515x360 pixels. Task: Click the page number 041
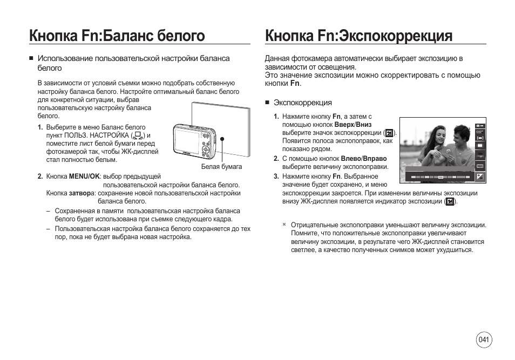484,339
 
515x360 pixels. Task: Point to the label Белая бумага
221,167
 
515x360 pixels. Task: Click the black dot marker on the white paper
221,139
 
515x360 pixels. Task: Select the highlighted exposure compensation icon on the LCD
480,176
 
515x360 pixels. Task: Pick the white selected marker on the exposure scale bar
440,176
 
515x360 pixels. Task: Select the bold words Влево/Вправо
364,159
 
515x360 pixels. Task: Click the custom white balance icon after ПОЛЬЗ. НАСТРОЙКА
138,135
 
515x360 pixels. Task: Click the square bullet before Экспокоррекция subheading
267,103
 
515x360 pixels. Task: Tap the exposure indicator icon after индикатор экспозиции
449,201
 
